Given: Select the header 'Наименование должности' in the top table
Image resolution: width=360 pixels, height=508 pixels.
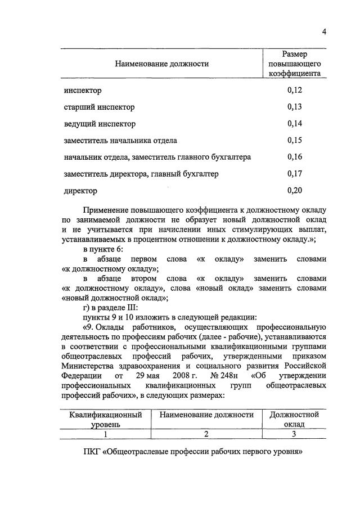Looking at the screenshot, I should tap(161, 64).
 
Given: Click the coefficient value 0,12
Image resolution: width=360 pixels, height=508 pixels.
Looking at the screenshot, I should tap(294, 90).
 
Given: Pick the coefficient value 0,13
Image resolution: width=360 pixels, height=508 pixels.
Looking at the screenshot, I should tap(294, 107).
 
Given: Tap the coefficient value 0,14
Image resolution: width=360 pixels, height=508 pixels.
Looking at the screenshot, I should tap(294, 124).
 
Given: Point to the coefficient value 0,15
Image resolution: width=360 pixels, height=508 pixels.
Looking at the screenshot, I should tap(294, 141).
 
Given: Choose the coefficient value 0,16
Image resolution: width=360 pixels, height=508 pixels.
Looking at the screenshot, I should tap(294, 157).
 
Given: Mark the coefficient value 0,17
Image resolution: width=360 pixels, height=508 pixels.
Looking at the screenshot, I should tap(294, 174).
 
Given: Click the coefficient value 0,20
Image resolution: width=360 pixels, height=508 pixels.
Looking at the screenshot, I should tap(294, 191).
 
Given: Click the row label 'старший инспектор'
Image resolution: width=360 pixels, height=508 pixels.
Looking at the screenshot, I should tap(98, 107).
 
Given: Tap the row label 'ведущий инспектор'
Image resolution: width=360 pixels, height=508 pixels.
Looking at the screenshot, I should tap(99, 124).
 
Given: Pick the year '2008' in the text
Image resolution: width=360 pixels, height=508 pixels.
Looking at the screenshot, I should tap(170, 375).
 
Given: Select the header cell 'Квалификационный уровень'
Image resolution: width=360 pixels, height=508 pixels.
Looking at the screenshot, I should tap(105, 419).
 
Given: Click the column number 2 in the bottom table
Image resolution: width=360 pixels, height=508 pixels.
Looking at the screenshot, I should tap(206, 434).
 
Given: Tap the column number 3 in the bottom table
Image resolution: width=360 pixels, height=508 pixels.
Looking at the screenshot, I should tap(294, 434).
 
